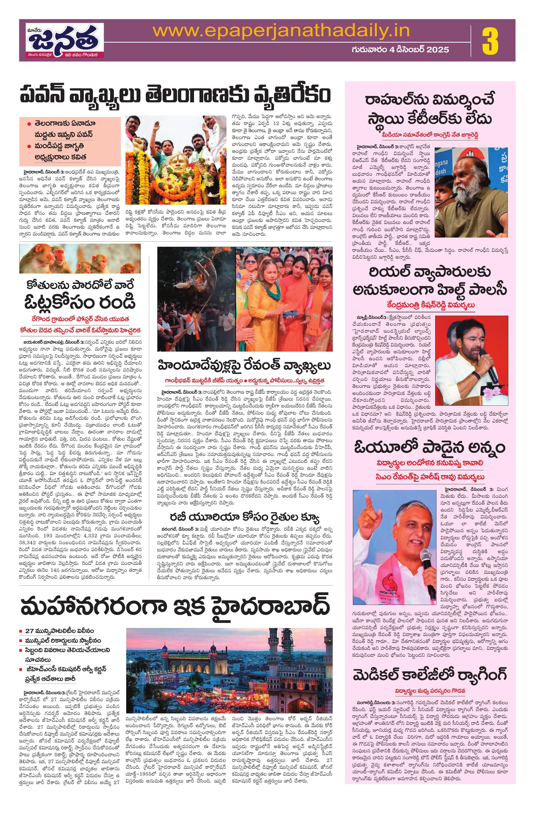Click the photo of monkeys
(x=80, y=258)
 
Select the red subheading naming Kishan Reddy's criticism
(x=430, y=305)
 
